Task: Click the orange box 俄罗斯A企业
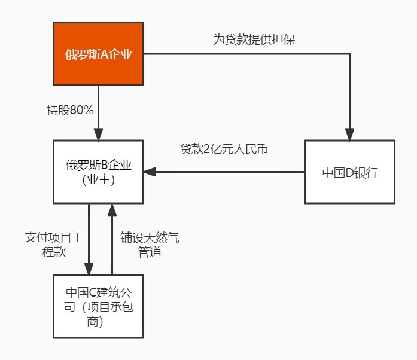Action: point(98,54)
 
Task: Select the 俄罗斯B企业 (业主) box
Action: point(98,172)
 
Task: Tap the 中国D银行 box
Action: point(349,172)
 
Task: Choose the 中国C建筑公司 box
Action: point(98,306)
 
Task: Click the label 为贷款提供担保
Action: point(254,39)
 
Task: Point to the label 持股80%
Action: point(70,110)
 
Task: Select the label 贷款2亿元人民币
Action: point(224,149)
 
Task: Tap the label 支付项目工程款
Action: point(54,245)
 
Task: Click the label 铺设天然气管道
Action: point(150,245)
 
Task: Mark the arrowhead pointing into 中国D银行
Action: point(349,135)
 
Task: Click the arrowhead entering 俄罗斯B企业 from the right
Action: point(150,172)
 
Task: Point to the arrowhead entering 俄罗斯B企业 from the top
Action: point(98,135)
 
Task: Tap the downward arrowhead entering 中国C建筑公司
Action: point(89,269)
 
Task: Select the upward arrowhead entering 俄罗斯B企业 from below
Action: point(112,210)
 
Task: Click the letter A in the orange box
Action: point(105,54)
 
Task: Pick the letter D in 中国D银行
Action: point(349,173)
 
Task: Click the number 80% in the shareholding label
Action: point(81,110)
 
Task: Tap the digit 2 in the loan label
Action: point(206,149)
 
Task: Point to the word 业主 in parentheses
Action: point(98,180)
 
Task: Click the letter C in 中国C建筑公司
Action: point(92,292)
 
